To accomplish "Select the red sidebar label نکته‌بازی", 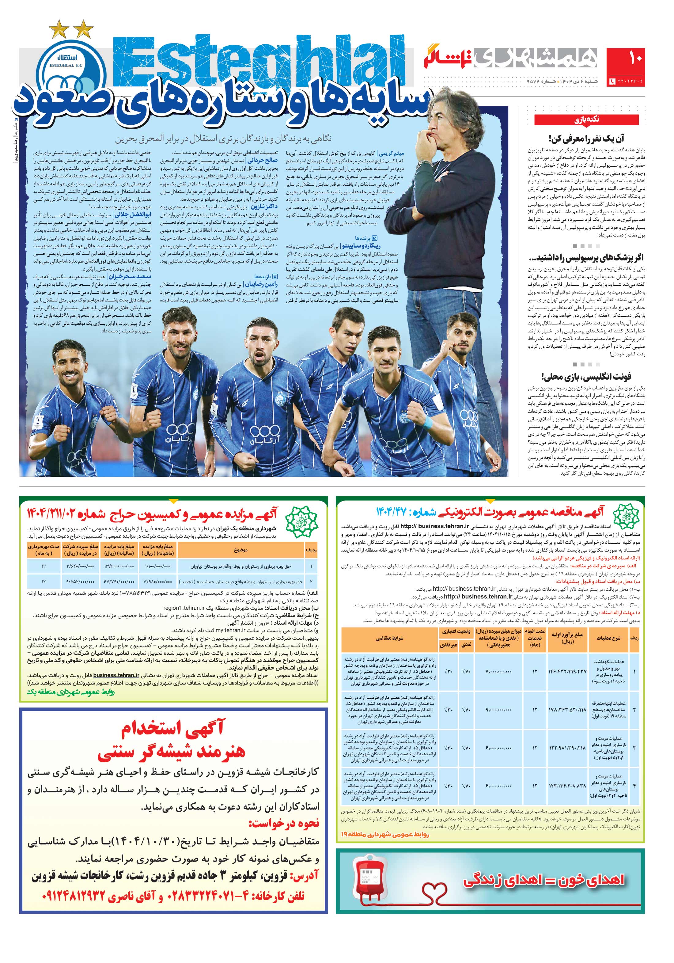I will (x=586, y=120).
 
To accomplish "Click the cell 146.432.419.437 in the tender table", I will (x=567, y=672).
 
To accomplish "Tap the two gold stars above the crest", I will (x=71, y=29).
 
